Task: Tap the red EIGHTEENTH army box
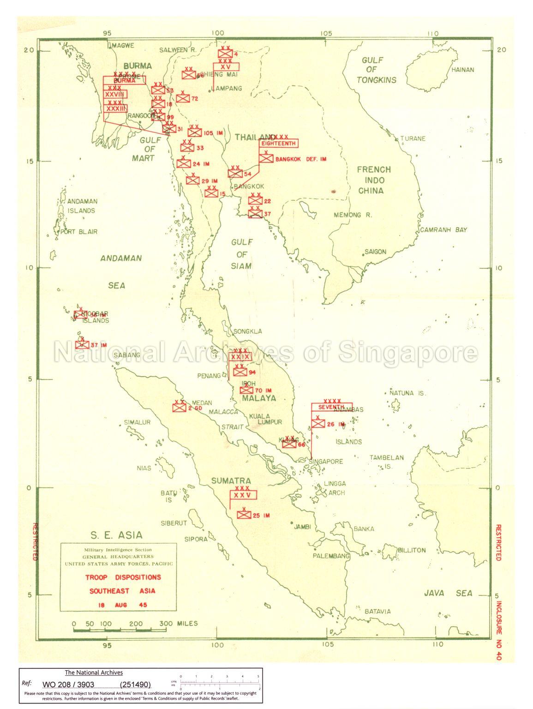tap(279, 144)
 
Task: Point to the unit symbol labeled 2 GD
tap(179, 408)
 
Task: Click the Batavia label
tap(377, 611)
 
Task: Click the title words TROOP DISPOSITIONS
tap(123, 577)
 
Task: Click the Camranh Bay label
tap(443, 229)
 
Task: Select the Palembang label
tap(331, 556)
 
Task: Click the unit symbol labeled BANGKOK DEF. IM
tap(266, 158)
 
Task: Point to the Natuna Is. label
tap(407, 393)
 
